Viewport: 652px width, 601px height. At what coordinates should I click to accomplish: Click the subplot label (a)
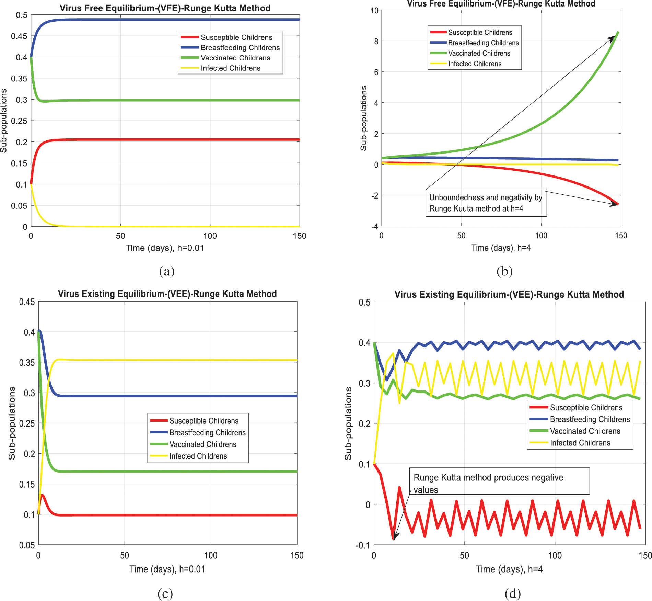click(x=167, y=271)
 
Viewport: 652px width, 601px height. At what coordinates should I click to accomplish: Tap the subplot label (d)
click(x=513, y=593)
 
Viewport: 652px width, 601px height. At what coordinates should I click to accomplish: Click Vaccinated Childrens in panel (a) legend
click(x=235, y=58)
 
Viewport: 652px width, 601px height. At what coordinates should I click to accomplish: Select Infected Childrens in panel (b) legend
click(x=475, y=64)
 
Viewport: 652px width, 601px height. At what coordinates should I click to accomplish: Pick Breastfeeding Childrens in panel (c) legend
click(x=207, y=433)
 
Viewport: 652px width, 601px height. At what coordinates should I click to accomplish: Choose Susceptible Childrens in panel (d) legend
click(x=586, y=408)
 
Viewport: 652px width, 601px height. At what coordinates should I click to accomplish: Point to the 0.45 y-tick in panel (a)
click(x=19, y=36)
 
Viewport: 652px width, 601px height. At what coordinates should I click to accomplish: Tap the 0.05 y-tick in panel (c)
click(x=27, y=545)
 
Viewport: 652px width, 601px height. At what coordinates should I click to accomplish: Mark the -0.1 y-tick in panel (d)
click(x=363, y=545)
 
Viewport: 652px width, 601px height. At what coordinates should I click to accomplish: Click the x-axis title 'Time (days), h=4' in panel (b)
click(x=501, y=248)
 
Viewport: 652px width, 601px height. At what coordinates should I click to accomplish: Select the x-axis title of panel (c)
click(x=167, y=569)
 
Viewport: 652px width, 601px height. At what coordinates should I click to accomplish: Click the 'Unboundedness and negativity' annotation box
click(x=486, y=203)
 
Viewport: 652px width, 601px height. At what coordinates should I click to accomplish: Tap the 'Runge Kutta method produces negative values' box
click(x=499, y=481)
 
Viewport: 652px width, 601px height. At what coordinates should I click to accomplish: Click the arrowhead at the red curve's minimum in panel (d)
click(x=395, y=537)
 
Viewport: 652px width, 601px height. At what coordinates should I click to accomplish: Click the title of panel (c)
click(x=167, y=294)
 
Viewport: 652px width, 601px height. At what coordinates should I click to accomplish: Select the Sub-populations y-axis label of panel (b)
click(x=363, y=118)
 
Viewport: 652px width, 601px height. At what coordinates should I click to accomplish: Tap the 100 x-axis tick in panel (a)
click(x=210, y=236)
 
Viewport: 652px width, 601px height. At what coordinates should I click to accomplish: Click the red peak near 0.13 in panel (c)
click(x=42, y=495)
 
